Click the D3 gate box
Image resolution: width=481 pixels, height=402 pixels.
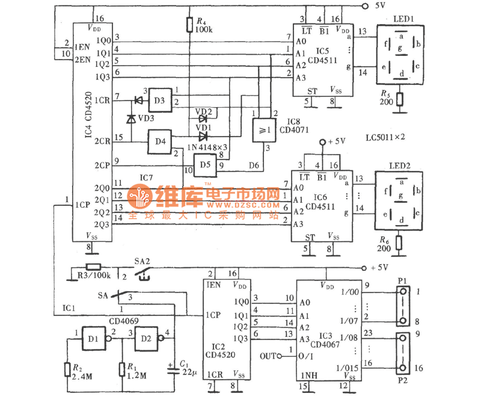click(159, 99)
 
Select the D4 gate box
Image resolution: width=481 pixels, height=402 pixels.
click(159, 141)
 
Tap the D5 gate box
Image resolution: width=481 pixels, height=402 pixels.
click(205, 163)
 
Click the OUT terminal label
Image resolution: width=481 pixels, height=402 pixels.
click(269, 356)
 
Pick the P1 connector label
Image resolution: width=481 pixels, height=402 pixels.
click(402, 280)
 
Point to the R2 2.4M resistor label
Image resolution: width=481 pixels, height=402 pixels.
click(81, 371)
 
